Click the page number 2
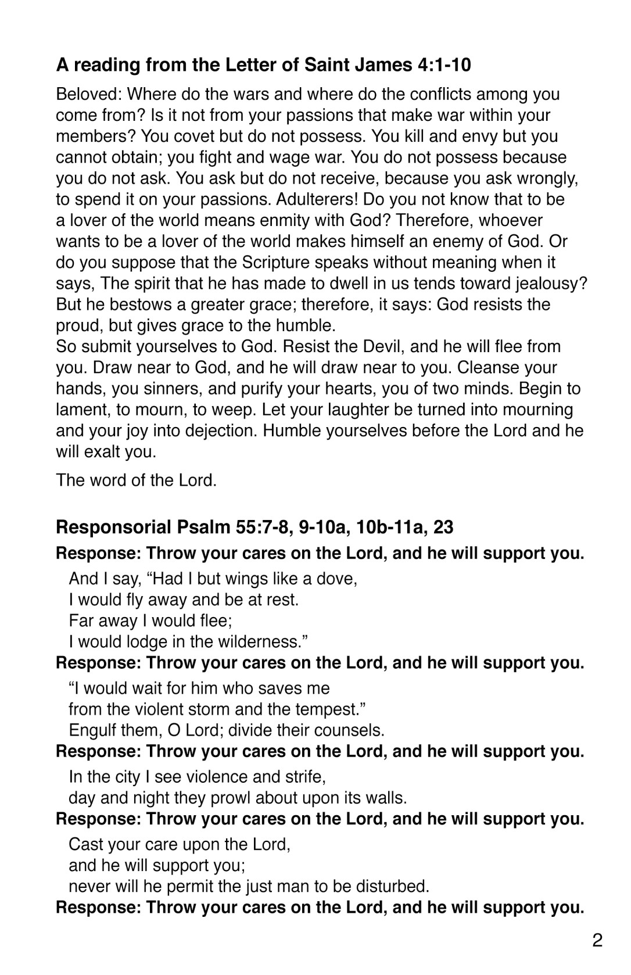(x=597, y=941)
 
